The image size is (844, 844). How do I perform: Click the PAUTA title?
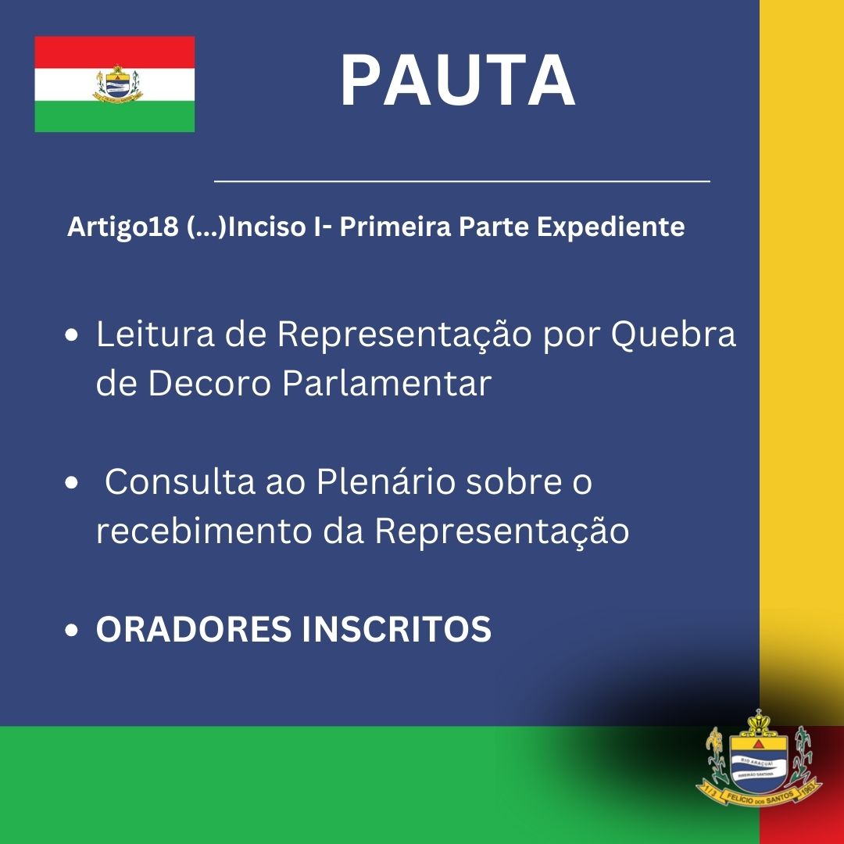point(458,80)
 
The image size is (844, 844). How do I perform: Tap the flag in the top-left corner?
point(115,84)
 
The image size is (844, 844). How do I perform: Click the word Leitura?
point(155,334)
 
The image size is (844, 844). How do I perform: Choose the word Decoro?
point(209,383)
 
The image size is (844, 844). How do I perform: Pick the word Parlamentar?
point(387,383)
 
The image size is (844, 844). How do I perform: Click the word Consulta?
point(180,481)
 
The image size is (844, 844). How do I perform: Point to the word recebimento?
point(204,531)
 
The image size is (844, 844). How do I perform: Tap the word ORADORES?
point(193,628)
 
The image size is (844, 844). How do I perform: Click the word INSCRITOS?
point(397,628)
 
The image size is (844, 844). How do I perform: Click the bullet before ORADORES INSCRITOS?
point(71,630)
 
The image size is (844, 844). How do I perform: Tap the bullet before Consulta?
point(71,483)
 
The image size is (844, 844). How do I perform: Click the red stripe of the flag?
point(115,52)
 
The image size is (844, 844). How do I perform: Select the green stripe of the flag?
point(115,116)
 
